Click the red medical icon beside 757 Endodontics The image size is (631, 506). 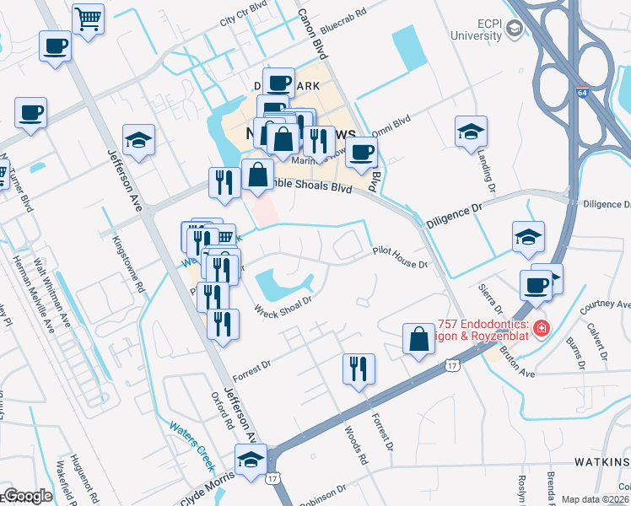click(x=541, y=327)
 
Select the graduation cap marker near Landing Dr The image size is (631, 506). click(x=471, y=131)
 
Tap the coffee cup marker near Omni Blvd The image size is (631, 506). click(x=362, y=152)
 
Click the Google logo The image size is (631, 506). click(x=27, y=496)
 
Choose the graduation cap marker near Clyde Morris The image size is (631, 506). click(x=250, y=461)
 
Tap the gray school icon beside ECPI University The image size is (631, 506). click(x=514, y=30)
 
